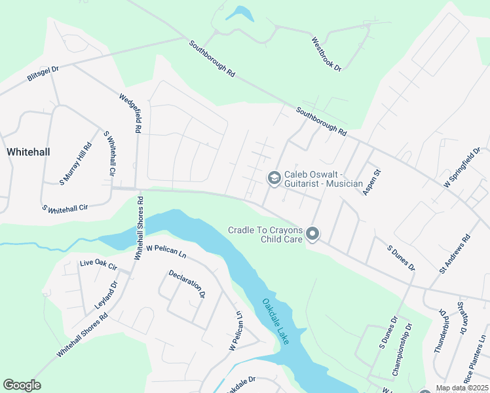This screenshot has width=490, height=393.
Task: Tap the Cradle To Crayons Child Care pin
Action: [x=312, y=234]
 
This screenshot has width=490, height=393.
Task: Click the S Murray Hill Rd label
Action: [x=76, y=164]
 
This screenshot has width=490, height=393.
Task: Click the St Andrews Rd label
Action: [x=455, y=255]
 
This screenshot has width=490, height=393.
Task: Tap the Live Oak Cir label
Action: [x=98, y=266]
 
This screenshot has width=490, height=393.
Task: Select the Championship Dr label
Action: [x=402, y=350]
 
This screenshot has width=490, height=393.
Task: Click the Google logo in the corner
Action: [x=22, y=385]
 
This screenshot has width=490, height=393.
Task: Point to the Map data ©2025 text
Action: [x=462, y=388]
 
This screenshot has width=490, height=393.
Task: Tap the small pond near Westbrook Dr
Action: [x=239, y=13]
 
